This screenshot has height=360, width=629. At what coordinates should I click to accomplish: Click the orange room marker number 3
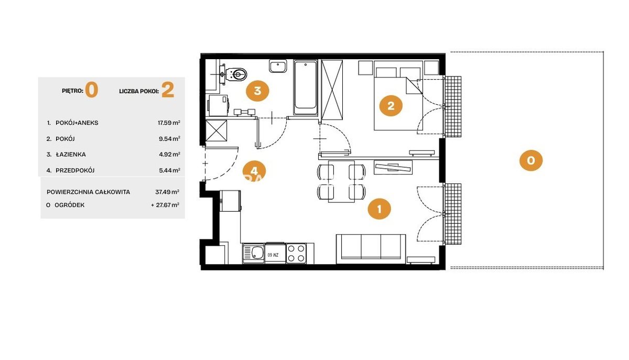pos(257,91)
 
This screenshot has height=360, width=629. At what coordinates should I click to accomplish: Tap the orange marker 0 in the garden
pos(530,160)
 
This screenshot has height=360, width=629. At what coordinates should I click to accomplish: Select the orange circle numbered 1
pos(379,209)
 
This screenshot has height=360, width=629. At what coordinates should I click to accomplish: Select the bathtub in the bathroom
pos(305,88)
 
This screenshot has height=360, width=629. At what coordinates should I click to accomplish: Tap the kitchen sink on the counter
pos(254,254)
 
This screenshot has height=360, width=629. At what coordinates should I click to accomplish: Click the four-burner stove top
pos(296,253)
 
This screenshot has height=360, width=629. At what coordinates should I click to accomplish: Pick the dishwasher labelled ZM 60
pos(275,253)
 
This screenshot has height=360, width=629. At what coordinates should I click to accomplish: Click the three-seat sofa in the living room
pos(371,249)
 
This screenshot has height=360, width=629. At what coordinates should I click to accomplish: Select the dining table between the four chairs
pos(341,181)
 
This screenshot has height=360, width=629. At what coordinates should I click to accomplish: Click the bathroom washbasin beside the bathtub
pos(278,66)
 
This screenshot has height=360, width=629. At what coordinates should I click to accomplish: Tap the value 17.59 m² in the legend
pos(169,123)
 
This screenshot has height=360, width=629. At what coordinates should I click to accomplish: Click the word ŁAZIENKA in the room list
pos(71,155)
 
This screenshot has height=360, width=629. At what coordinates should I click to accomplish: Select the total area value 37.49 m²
pos(167,192)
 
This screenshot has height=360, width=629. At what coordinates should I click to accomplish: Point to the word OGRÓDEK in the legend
pos(69,205)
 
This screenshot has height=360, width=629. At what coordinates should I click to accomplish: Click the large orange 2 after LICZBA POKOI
pos(168,90)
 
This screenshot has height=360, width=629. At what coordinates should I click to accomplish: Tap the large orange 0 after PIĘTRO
pos(92,90)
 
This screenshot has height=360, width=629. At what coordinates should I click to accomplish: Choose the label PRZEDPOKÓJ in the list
pos(75,170)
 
